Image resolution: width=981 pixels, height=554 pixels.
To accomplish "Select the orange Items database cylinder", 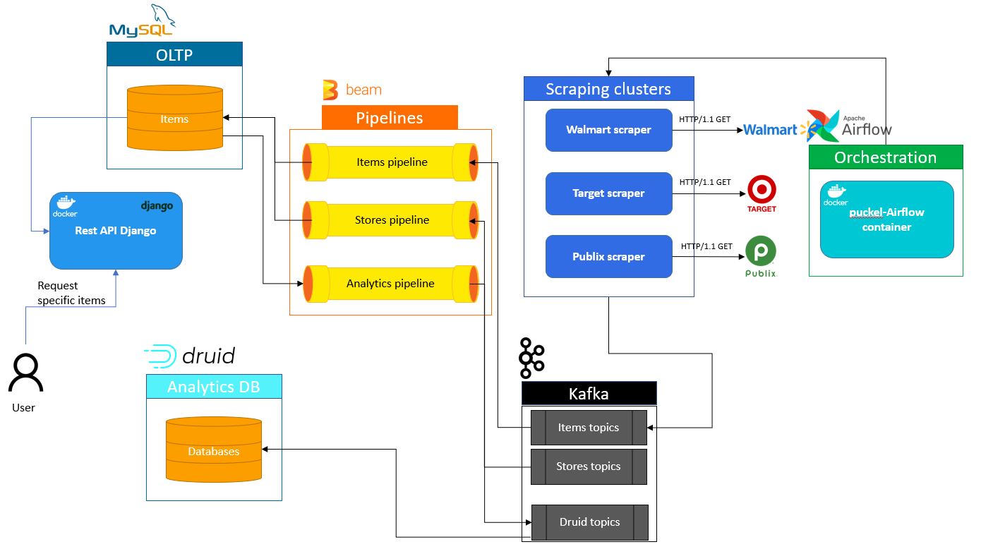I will coord(174,118).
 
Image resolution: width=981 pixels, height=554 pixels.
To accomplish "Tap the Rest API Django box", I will coord(116,231).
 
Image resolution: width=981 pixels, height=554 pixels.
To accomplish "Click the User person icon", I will coord(25,373).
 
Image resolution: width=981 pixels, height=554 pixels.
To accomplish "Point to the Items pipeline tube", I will coord(391,162).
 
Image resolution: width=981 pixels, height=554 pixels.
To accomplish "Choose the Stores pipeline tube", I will coord(391,220).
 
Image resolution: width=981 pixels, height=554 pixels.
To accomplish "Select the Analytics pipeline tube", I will coord(391,284).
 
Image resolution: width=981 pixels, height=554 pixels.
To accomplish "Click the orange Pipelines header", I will coord(390,118).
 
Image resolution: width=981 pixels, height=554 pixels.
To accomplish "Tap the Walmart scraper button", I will coord(608,130).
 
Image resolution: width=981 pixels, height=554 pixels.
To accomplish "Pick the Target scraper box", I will coord(608,193).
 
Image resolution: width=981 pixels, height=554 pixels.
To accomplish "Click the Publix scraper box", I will coord(608,257).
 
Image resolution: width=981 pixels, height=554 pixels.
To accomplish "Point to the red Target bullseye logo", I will coord(762,190).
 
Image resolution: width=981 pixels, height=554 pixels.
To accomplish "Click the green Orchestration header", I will coord(885,157).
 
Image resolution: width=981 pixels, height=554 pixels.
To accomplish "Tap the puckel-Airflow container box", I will coord(886,219).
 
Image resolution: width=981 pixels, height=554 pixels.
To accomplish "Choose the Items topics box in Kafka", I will coord(589,428).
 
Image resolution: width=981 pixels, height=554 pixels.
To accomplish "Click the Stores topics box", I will coord(589,466).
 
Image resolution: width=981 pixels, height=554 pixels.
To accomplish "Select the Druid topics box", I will coord(589,522).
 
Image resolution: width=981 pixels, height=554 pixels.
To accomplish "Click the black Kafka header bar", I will coord(589,393).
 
